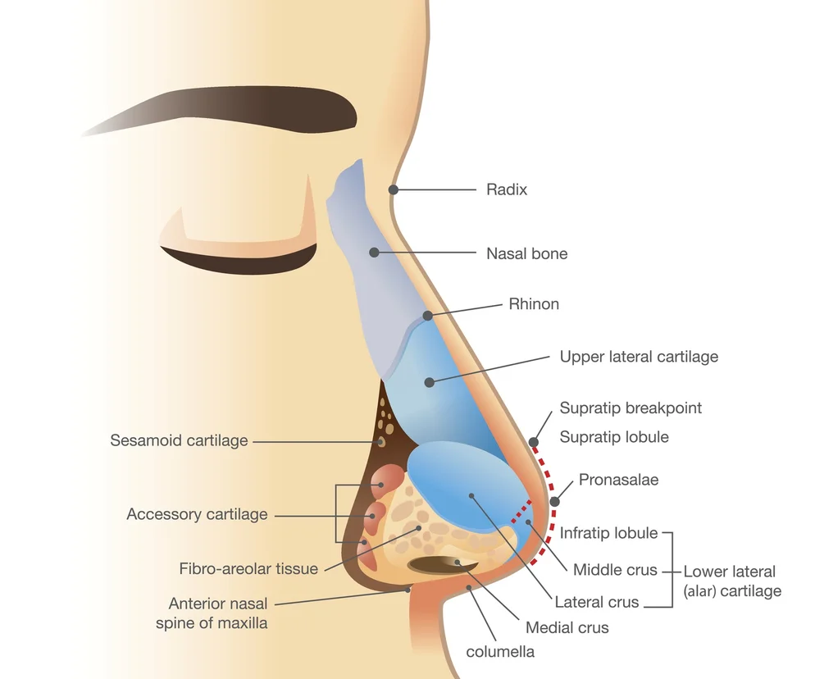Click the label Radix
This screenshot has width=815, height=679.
pyautogui.click(x=507, y=189)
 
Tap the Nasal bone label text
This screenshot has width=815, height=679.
pyautogui.click(x=526, y=253)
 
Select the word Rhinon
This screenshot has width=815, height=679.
pyautogui.click(x=534, y=304)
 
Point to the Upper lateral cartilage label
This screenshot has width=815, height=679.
pyautogui.click(x=639, y=357)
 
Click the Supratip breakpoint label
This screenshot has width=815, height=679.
pyautogui.click(x=631, y=408)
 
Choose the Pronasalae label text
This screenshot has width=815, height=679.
pyautogui.click(x=618, y=479)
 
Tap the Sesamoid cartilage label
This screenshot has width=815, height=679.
pyautogui.click(x=179, y=440)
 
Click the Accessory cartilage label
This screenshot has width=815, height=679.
pyautogui.click(x=197, y=514)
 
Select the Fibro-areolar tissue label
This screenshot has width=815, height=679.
pyautogui.click(x=248, y=568)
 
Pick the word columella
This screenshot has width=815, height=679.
pyautogui.click(x=500, y=652)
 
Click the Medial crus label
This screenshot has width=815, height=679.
pyautogui.click(x=567, y=627)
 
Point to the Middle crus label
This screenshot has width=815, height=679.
pyautogui.click(x=615, y=570)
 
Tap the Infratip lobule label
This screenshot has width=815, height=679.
pyautogui.click(x=608, y=533)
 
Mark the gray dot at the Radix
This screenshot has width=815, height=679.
pyautogui.click(x=394, y=189)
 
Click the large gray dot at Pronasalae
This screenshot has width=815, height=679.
pyautogui.click(x=555, y=501)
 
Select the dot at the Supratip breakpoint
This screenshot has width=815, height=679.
pyautogui.click(x=534, y=441)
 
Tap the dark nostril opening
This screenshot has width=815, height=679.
pyautogui.click(x=443, y=563)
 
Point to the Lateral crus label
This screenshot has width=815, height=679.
pyautogui.click(x=596, y=602)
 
